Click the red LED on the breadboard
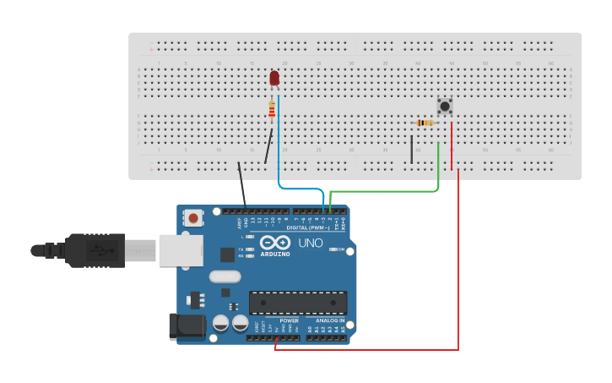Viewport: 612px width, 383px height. coord(274,78)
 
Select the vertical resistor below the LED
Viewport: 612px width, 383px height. coord(271,109)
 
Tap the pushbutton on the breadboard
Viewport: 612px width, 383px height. coord(444,106)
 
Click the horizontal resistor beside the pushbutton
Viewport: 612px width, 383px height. coord(425,123)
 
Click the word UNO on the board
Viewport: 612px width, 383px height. coord(310,243)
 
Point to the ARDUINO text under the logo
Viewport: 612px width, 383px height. coord(275,254)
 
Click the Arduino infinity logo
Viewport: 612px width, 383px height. coord(276,243)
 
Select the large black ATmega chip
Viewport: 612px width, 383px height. coord(297,303)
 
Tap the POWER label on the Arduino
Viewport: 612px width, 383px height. coord(289,320)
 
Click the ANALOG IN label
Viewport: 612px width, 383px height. coord(330,320)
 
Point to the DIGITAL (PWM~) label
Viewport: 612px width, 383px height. coord(308,227)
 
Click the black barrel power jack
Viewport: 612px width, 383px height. coord(187,327)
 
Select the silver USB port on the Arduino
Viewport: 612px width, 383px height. coord(181,250)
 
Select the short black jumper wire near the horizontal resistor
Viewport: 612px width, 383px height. coord(412,148)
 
